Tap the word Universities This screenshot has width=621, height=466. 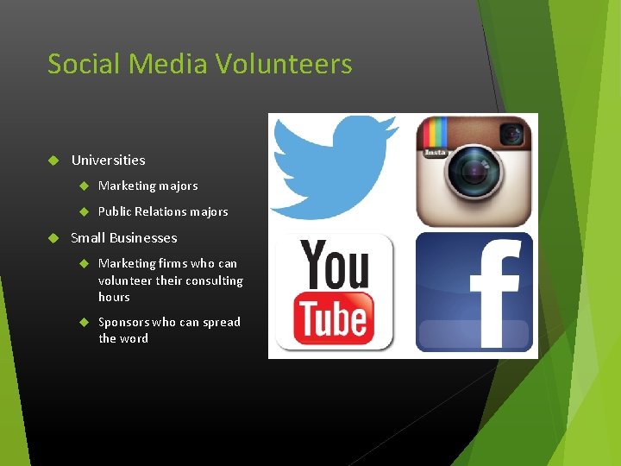[108, 161]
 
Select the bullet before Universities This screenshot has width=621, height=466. [52, 161]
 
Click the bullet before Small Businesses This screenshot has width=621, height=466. [52, 238]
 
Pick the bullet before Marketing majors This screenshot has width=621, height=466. [84, 186]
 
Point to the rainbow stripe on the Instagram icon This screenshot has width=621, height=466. [432, 134]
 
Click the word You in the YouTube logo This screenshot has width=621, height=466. [334, 263]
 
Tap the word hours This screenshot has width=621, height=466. [114, 297]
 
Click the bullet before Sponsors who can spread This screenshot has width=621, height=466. [84, 322]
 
